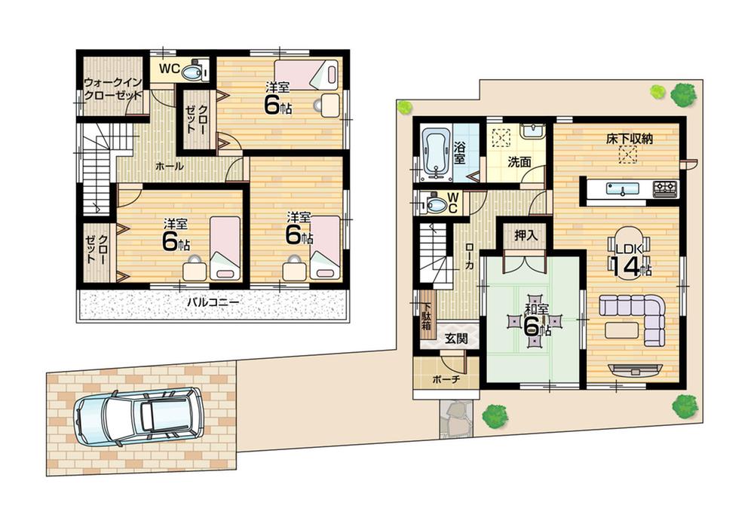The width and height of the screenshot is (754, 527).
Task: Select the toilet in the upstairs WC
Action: point(195,71)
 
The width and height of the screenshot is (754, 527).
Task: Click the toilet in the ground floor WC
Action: point(437,204)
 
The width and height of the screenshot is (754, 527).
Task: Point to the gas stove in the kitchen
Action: point(664,188)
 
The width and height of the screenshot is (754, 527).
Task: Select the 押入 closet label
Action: point(526,235)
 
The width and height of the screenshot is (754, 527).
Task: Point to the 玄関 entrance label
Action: point(455,339)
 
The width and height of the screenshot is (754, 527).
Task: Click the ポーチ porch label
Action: point(446,379)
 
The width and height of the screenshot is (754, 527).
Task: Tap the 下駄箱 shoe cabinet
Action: point(426,317)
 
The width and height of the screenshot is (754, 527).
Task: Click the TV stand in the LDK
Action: point(636,370)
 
